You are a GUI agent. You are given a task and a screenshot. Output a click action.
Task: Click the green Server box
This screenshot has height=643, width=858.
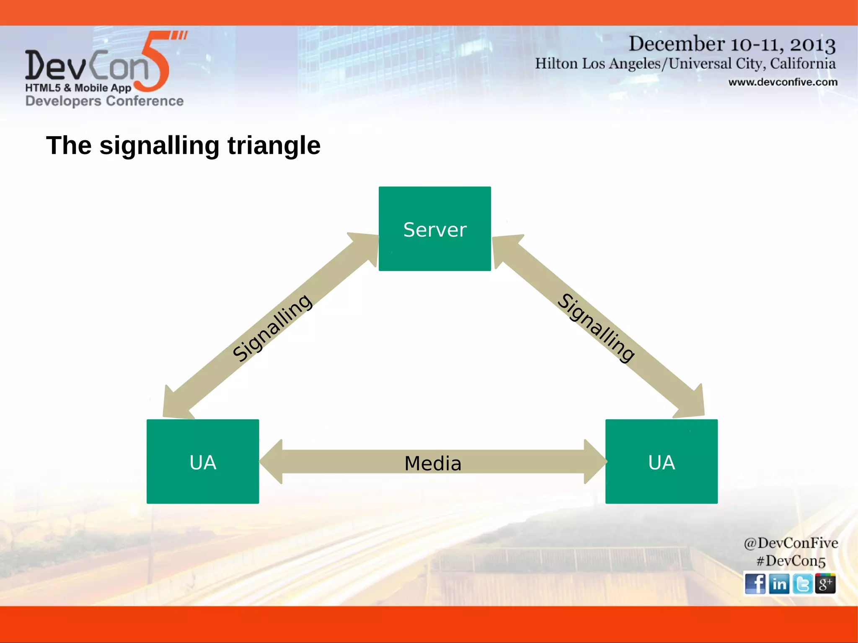click(x=434, y=229)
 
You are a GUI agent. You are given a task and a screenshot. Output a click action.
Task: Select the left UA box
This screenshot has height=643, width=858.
click(x=203, y=461)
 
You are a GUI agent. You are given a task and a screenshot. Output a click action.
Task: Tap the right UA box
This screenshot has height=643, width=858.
click(x=661, y=461)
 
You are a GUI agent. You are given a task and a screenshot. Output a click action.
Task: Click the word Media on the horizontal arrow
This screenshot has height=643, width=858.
click(x=433, y=463)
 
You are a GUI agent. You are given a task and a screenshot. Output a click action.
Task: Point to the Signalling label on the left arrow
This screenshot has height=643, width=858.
click(x=272, y=328)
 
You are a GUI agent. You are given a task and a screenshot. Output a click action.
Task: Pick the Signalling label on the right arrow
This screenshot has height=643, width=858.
click(x=596, y=328)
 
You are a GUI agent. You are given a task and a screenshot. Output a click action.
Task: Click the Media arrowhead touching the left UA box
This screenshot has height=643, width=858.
click(x=271, y=461)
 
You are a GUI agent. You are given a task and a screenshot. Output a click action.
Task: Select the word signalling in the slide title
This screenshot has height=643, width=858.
click(x=159, y=146)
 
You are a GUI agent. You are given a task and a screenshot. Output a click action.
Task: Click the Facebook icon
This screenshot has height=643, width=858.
click(x=755, y=584)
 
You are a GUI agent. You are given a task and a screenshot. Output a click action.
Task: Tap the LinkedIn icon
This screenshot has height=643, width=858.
click(x=779, y=584)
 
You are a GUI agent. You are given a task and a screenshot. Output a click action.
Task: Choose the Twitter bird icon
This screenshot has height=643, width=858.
click(x=802, y=584)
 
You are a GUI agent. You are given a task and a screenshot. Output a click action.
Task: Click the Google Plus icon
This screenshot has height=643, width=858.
click(x=825, y=584)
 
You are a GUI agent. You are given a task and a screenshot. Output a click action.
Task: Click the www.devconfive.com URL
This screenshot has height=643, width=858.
click(x=783, y=82)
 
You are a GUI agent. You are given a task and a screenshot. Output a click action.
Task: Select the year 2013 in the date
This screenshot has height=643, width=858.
click(x=812, y=44)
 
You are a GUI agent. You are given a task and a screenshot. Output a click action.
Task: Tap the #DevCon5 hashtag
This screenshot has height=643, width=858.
click(x=791, y=561)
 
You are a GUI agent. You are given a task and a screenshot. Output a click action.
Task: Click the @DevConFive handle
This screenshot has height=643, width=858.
click(x=791, y=543)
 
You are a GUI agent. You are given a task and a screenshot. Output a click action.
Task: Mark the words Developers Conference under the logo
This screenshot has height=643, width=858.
click(x=104, y=101)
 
